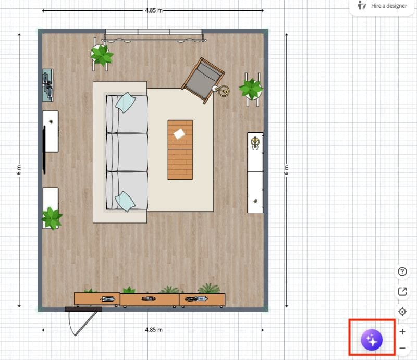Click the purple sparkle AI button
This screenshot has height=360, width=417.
(372, 340)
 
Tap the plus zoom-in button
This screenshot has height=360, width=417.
(402, 331)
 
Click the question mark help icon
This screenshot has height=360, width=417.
(402, 271)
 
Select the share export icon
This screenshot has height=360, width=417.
(402, 291)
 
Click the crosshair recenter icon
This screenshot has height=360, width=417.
(402, 312)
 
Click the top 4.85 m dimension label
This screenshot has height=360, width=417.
(154, 10)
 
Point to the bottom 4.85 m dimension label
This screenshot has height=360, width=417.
(154, 330)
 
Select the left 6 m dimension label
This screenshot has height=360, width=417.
(19, 170)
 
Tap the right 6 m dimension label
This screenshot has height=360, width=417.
(286, 170)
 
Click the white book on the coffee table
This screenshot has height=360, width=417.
(179, 133)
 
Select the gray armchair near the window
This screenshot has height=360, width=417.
(203, 80)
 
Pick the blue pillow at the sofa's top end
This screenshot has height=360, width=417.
(126, 103)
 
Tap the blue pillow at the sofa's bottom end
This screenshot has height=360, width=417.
(125, 202)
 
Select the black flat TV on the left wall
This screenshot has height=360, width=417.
(44, 150)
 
